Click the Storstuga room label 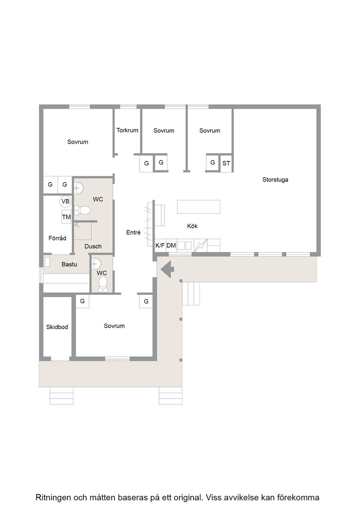point(275,180)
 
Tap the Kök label point(192,226)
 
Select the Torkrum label point(127,130)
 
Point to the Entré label point(134,232)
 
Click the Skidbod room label point(57,327)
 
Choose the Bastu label point(69,264)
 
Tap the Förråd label point(57,238)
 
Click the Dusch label point(93,246)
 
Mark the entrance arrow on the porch point(168,269)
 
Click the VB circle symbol point(65,201)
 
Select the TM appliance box point(66,217)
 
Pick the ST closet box point(226,163)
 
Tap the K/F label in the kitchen point(160,245)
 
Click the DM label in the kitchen point(171,245)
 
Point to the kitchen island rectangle point(199,207)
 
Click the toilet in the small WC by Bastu point(103,284)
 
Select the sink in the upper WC point(79,188)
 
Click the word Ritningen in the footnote point(53,498)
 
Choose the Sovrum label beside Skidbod point(114,325)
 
